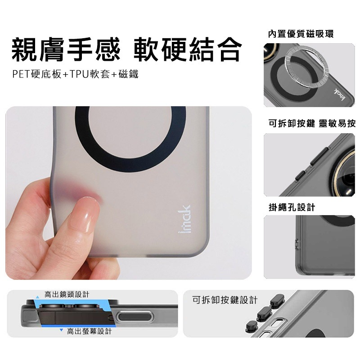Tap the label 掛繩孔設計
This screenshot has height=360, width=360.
pyautogui.click(x=292, y=207)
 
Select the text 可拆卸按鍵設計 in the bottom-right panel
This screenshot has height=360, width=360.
pyautogui.click(x=225, y=300)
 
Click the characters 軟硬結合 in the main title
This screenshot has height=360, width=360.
pyautogui.click(x=188, y=50)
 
